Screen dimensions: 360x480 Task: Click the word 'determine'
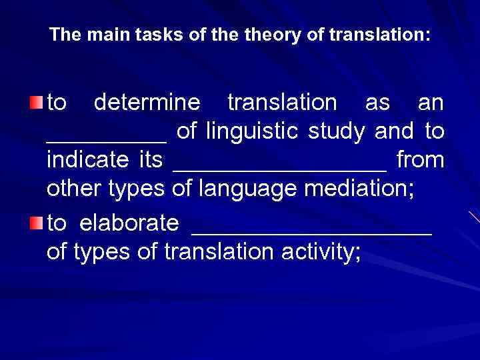[x=147, y=103]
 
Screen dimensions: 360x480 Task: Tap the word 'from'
[x=420, y=160]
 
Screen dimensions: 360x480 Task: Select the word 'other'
[x=73, y=189]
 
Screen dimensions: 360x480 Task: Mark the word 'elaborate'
[x=129, y=223]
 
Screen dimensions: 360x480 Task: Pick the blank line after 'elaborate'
[x=312, y=232]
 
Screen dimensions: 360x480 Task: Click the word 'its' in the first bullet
[x=151, y=160]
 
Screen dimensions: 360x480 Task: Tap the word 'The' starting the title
[x=64, y=35]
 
